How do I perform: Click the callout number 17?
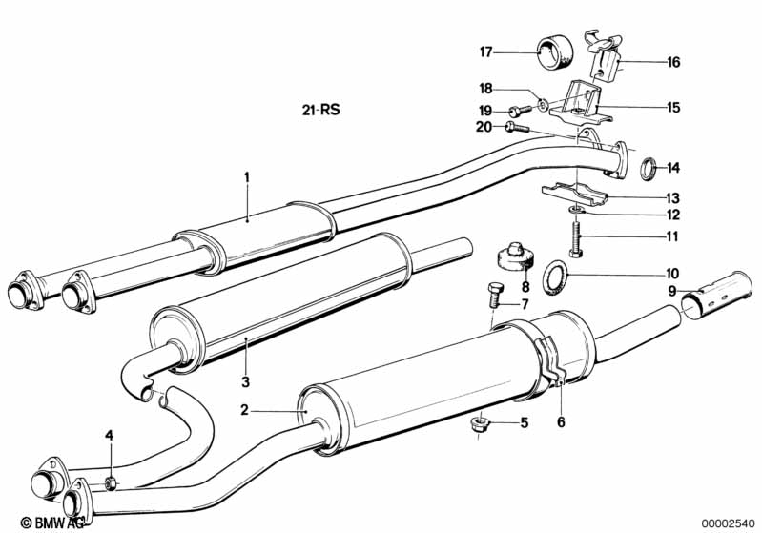[486, 51]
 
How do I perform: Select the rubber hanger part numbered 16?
[603, 56]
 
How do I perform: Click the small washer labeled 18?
[543, 104]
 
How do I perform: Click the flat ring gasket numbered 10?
[555, 277]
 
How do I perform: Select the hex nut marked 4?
[111, 483]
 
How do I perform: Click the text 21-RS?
[320, 110]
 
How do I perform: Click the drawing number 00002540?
[729, 523]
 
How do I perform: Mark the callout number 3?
[245, 382]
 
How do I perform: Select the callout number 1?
[246, 176]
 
